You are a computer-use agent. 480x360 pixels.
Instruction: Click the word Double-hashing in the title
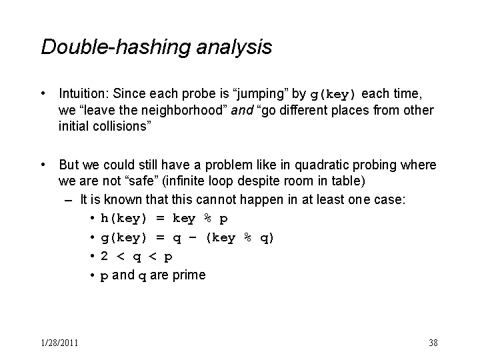point(116,47)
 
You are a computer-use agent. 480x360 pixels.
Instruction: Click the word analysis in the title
point(234,48)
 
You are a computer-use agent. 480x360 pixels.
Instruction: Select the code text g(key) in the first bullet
point(333,94)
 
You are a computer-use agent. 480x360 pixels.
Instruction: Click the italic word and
point(242,110)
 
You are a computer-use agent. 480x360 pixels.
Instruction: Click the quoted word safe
point(142,181)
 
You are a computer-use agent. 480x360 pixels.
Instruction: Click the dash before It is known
point(68,201)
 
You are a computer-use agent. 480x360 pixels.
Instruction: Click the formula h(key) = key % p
point(164,219)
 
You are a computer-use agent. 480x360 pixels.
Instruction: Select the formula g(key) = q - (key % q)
point(187,238)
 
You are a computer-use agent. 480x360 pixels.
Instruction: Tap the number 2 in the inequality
point(105,256)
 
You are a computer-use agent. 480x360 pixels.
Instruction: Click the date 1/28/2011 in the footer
point(60,343)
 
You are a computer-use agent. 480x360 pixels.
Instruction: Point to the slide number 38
point(433,343)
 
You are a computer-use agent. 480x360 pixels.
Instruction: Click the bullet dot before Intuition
point(43,94)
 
